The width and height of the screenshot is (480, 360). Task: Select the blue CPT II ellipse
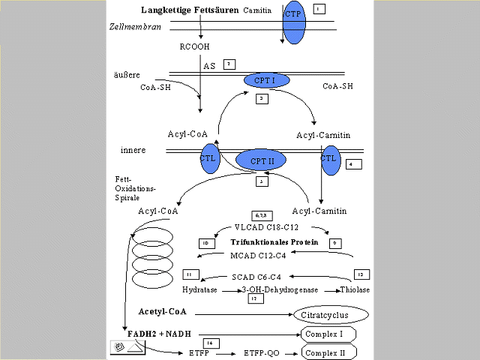(x=262, y=160)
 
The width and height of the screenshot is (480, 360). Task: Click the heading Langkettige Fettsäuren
(x=190, y=10)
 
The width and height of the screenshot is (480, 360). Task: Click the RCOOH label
(x=194, y=46)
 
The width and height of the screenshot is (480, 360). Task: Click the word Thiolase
(x=355, y=289)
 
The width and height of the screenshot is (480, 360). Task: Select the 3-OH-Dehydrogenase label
(x=278, y=289)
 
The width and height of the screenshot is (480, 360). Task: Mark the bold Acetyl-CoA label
(x=163, y=311)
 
